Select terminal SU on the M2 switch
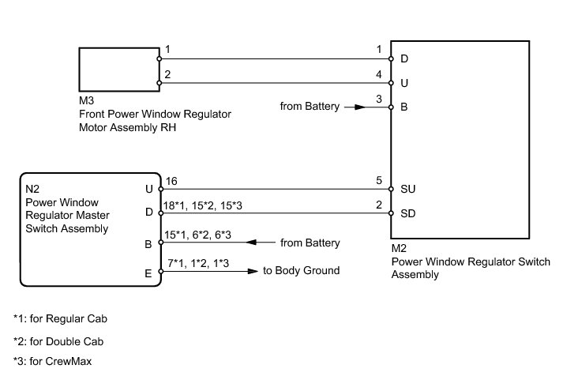click(409, 190)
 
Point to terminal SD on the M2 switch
click(409, 213)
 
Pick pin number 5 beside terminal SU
click(380, 181)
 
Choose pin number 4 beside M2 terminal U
click(380, 74)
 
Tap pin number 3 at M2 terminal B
click(380, 99)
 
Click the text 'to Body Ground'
click(301, 271)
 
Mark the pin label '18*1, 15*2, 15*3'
click(202, 205)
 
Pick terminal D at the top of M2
click(405, 58)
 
